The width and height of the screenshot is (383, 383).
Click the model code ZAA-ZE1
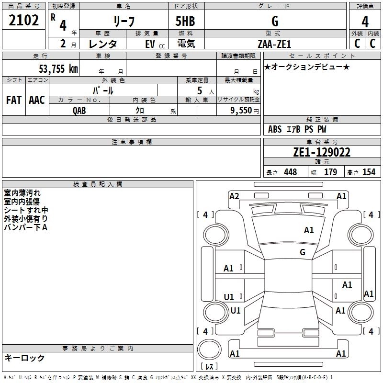tap(273, 44)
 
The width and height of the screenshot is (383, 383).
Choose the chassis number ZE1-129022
tap(321, 153)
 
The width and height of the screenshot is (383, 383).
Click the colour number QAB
tap(79, 110)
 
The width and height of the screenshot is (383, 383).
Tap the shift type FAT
tap(13, 100)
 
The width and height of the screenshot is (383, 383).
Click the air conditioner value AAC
tap(36, 100)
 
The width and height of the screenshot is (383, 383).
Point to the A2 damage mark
tap(234, 196)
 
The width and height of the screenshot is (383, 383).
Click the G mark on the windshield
tap(303, 252)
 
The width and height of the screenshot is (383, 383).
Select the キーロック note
tap(24, 358)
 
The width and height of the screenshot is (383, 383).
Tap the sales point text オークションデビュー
tap(307, 67)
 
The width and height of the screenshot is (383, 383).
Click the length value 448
tap(290, 172)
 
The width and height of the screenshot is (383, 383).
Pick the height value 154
tap(369, 172)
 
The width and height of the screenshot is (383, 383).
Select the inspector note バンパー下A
tap(25, 227)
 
